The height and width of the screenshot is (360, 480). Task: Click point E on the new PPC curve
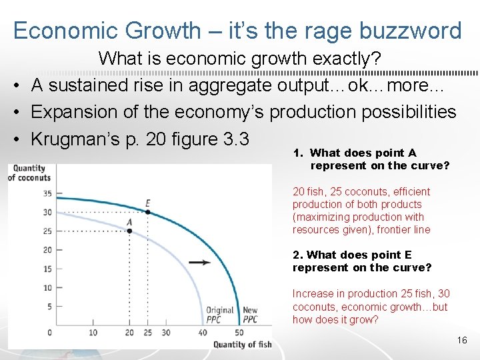click(148, 212)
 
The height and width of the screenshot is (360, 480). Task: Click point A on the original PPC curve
click(129, 231)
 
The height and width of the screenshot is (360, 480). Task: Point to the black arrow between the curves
click(199, 262)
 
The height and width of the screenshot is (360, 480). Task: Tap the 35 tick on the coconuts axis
click(48, 193)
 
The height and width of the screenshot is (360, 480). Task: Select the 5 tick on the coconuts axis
click(49, 307)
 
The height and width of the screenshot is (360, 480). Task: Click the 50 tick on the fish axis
click(239, 333)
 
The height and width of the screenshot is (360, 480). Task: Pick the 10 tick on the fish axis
click(93, 333)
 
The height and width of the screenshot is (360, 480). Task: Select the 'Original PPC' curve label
click(219, 315)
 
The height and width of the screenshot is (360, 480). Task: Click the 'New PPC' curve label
click(250, 315)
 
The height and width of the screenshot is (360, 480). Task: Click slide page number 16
click(462, 341)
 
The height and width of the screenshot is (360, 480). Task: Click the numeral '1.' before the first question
click(298, 153)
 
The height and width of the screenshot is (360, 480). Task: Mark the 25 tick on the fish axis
click(147, 333)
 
